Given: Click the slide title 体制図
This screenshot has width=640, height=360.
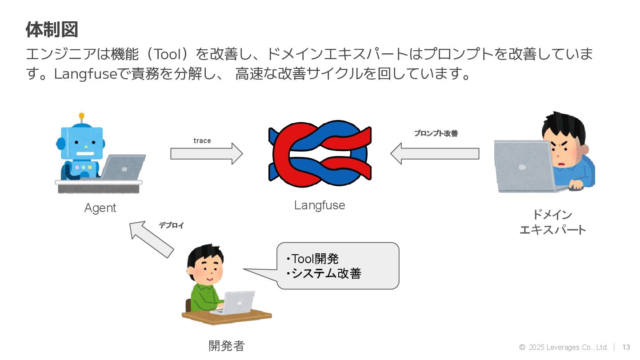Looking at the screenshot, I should click(x=52, y=30).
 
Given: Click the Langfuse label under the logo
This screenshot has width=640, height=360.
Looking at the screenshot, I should click(x=320, y=205).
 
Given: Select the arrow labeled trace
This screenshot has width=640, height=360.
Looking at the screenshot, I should click(x=207, y=154).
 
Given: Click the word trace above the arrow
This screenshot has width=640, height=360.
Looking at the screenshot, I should click(x=202, y=141).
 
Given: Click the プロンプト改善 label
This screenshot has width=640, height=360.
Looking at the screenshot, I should click(x=436, y=133).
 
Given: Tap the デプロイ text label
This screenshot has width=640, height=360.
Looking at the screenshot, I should click(x=171, y=226).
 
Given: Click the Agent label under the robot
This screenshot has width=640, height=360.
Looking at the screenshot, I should click(x=100, y=208).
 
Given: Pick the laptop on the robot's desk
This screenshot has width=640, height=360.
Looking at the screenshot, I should click(x=124, y=167).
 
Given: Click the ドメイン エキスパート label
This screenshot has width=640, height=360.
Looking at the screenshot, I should click(x=552, y=222).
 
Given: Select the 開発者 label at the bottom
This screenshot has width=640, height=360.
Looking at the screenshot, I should click(x=227, y=346).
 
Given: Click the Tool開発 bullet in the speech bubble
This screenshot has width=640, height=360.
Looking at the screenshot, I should click(x=313, y=259).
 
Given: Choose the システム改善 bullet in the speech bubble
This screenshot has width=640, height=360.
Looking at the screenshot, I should click(x=324, y=273).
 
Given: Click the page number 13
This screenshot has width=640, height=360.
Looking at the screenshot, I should click(x=626, y=347).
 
